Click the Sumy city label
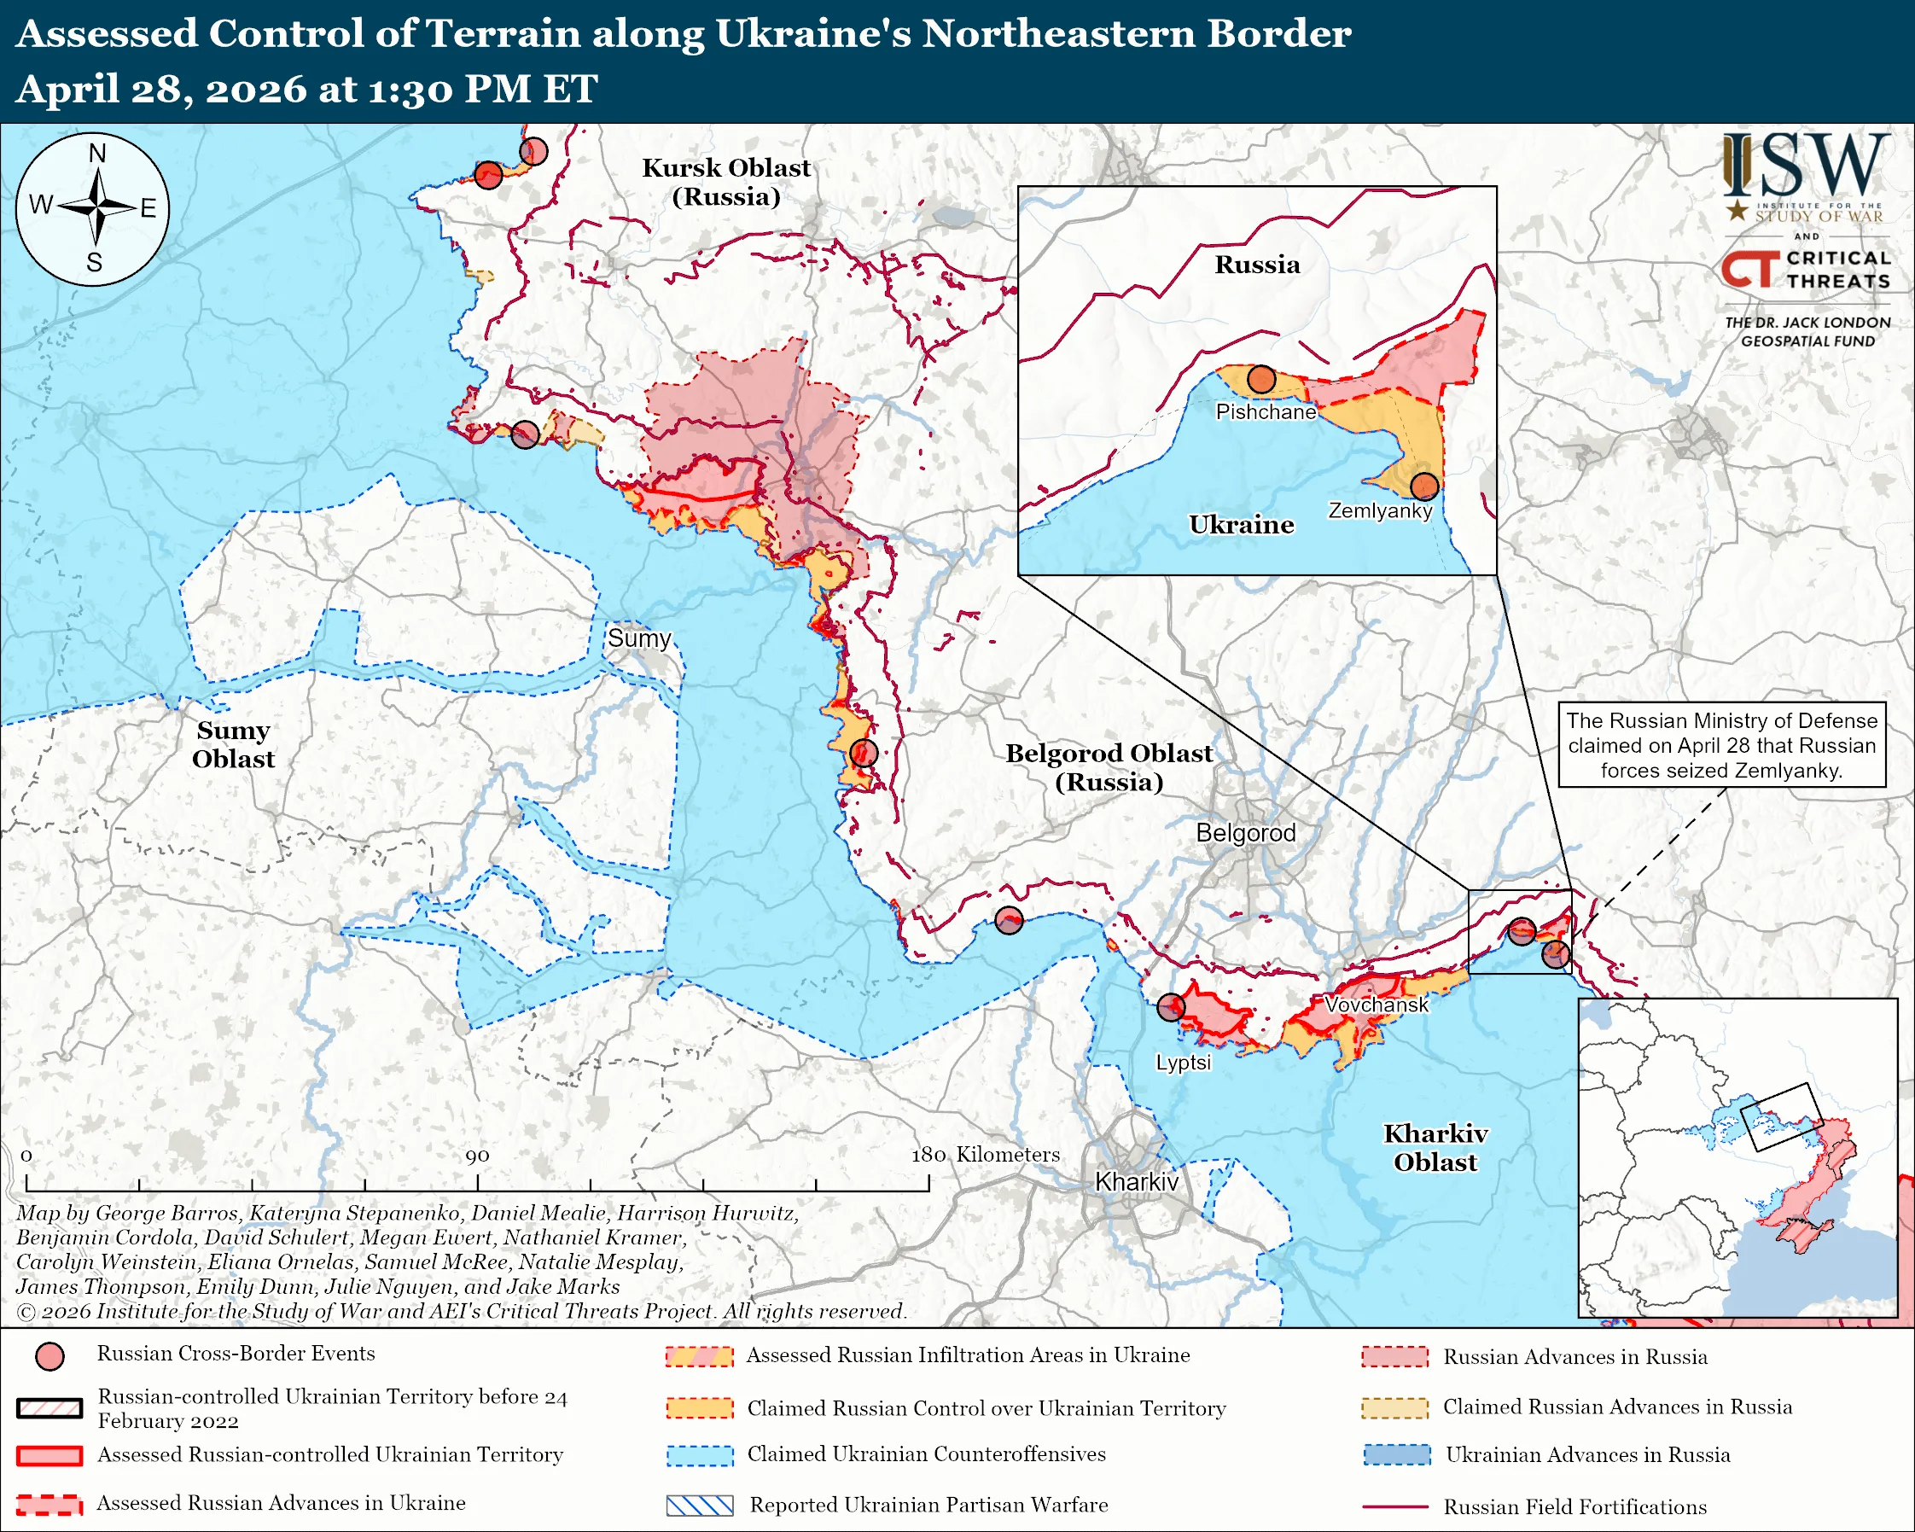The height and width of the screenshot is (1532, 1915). [x=638, y=638]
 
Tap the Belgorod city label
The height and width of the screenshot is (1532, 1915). [x=1245, y=833]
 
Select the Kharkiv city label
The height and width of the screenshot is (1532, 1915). [x=1136, y=1182]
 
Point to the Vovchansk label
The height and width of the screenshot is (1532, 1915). [x=1376, y=1005]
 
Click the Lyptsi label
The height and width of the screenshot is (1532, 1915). [x=1182, y=1063]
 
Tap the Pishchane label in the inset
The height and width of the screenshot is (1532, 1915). [x=1266, y=412]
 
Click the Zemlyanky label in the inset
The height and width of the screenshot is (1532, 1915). [x=1379, y=510]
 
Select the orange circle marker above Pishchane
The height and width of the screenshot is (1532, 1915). [x=1261, y=380]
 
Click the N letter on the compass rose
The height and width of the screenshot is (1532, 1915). [x=96, y=154]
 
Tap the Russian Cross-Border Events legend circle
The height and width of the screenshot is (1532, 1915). [x=49, y=1356]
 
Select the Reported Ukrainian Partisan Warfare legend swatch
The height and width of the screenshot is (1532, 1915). [x=700, y=1506]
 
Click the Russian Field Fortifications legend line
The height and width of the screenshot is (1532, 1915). [x=1394, y=1507]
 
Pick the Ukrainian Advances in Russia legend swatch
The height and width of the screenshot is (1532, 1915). [x=1396, y=1454]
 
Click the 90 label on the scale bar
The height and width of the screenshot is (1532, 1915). [x=477, y=1156]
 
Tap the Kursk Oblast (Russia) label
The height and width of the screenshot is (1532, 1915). [x=725, y=181]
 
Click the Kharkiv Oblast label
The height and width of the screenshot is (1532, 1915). [x=1435, y=1147]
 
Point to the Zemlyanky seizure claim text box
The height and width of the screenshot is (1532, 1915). [x=1720, y=745]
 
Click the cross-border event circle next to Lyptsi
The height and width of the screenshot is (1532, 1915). [x=1171, y=1007]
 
